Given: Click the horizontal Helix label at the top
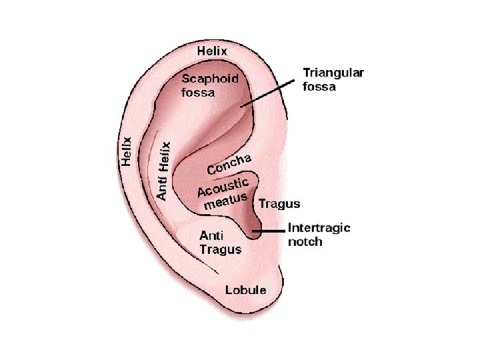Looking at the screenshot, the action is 213,51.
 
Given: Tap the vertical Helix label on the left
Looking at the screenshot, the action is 125,151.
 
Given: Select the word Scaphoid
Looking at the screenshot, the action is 209,79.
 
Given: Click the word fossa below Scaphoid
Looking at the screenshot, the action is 198,93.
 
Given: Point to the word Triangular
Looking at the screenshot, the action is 333,73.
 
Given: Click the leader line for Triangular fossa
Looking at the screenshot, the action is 267,93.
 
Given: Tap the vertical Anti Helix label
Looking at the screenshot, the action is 163,171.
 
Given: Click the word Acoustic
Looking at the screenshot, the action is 223,188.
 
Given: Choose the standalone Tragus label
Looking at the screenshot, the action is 279,204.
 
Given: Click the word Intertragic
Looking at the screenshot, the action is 319,228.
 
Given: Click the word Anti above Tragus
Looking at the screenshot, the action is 212,236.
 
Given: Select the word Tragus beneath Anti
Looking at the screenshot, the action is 221,249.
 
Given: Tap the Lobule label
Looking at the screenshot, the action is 245,290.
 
